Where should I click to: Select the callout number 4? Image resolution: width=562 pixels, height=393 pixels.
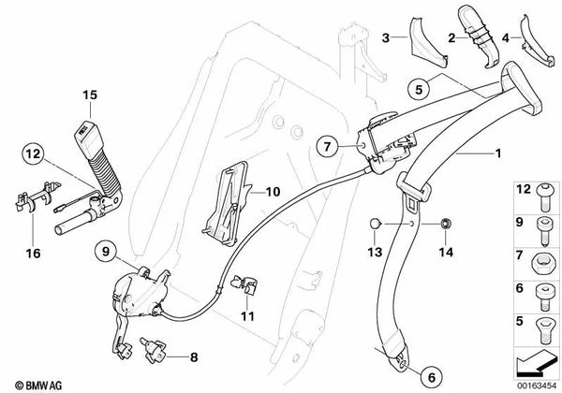click(x=507, y=38)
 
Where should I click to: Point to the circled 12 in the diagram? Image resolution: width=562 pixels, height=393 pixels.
click(x=33, y=154)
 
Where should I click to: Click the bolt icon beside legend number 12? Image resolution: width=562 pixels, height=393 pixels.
click(x=540, y=196)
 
